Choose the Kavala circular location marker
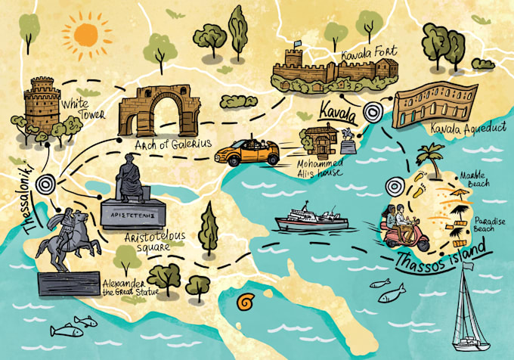point(372,114)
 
